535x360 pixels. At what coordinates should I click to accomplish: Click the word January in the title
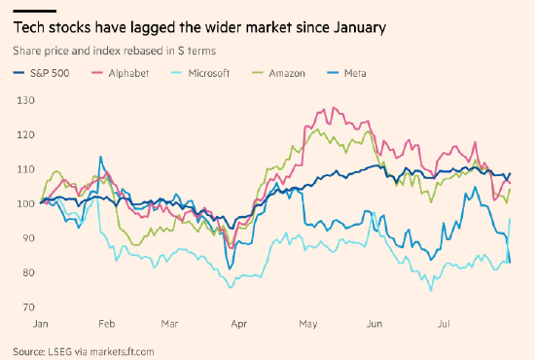pyautogui.click(x=360, y=27)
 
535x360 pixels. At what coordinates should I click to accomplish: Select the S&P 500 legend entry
pyautogui.click(x=41, y=73)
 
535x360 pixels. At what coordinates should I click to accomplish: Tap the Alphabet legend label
pyautogui.click(x=128, y=73)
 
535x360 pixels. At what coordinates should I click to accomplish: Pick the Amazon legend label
pyautogui.click(x=287, y=73)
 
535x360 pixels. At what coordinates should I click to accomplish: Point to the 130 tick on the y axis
pyautogui.click(x=26, y=100)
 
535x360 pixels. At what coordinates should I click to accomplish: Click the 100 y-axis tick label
pyautogui.click(x=26, y=203)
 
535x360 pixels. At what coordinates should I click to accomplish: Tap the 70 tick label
pyautogui.click(x=28, y=307)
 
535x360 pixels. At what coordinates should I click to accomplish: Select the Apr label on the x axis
pyautogui.click(x=239, y=323)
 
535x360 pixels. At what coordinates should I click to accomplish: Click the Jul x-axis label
pyautogui.click(x=444, y=323)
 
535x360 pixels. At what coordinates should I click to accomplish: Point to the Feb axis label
pyautogui.click(x=107, y=323)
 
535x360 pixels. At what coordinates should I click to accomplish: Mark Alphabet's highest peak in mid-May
pyautogui.click(x=334, y=107)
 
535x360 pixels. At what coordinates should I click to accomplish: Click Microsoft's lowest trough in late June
pyautogui.click(x=431, y=290)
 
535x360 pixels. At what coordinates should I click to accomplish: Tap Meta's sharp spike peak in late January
pyautogui.click(x=100, y=157)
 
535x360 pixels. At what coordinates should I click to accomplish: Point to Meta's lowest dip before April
pyautogui.click(x=230, y=269)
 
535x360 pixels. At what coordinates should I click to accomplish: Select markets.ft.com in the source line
pyautogui.click(x=122, y=351)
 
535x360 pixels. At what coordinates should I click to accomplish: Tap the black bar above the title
pyautogui.click(x=34, y=12)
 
